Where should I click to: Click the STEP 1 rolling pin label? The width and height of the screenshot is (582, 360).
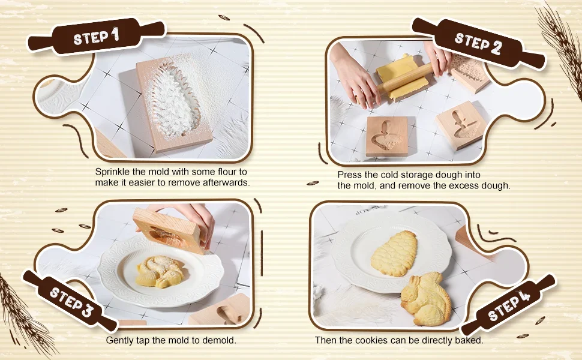96,36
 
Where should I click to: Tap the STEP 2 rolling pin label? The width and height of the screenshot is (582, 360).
479,44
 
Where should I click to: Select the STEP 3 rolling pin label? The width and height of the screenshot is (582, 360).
71,301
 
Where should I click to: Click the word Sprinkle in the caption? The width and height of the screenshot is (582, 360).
112,172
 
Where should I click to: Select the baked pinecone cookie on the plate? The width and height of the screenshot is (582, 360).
394,253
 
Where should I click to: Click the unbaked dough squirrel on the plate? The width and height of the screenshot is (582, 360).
160,271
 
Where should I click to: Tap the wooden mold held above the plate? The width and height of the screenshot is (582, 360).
169,230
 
